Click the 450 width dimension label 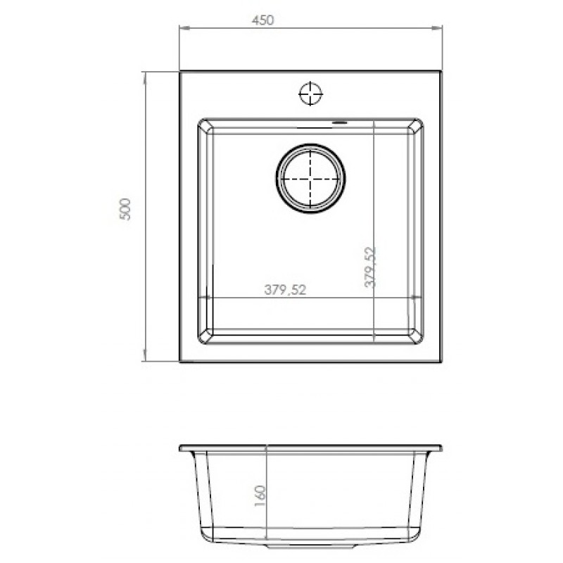[262, 20]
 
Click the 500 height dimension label [125, 209]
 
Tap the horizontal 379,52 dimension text [285, 289]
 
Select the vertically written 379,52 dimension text [370, 267]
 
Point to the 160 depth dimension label [260, 496]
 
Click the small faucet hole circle [310, 94]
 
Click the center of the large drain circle [310, 179]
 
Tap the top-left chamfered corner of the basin [205, 126]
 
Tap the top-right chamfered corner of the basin [416, 126]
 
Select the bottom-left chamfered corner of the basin [205, 336]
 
